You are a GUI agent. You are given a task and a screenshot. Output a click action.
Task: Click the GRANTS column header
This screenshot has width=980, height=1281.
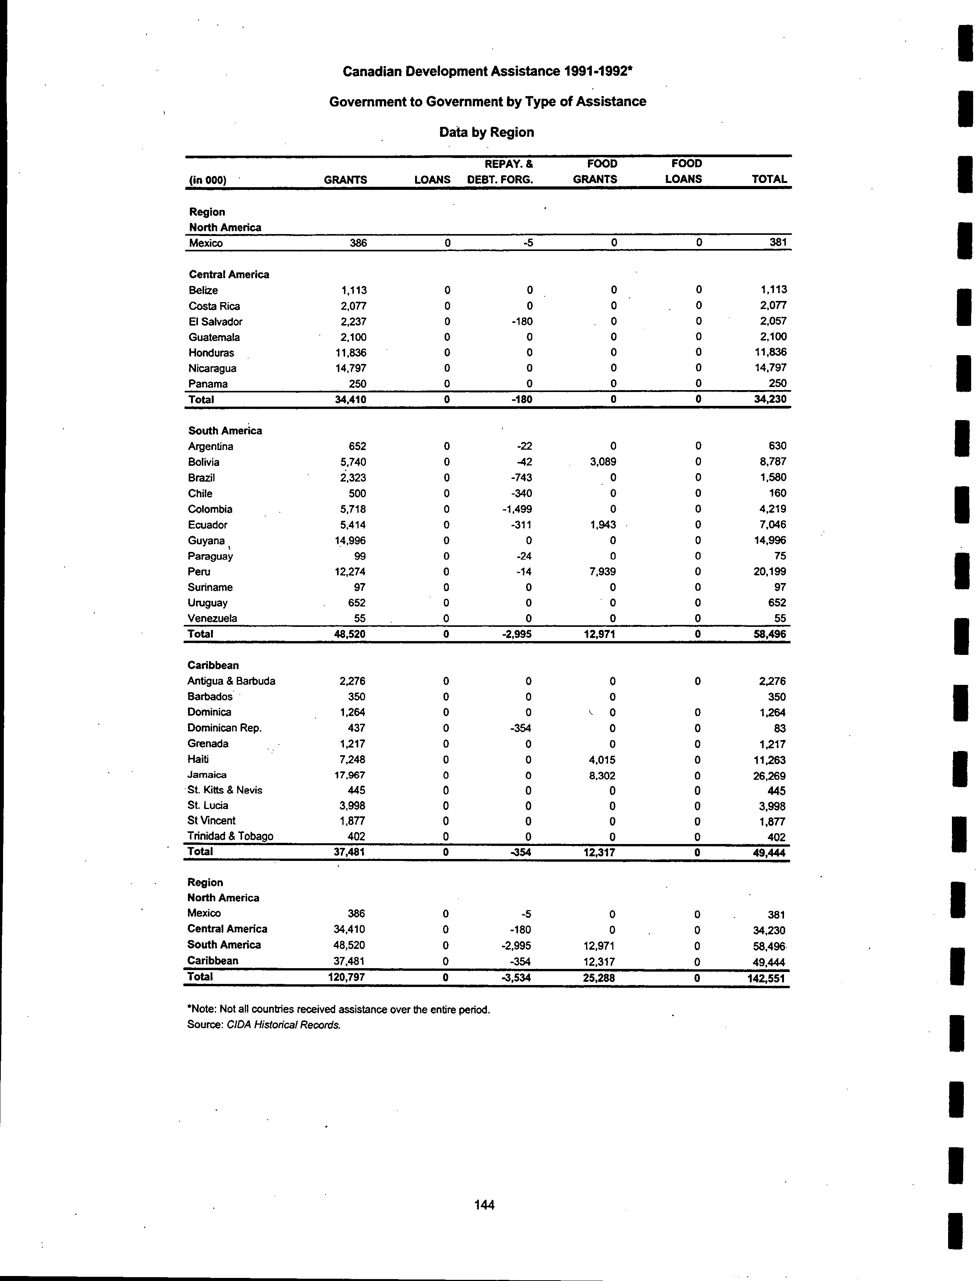click(x=345, y=179)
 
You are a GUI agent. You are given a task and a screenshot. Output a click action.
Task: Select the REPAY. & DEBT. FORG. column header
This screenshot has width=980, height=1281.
click(x=500, y=171)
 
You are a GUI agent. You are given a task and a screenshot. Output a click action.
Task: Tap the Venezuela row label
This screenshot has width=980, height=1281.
click(x=212, y=618)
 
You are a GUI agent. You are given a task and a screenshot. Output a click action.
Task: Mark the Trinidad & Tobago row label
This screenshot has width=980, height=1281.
click(x=231, y=836)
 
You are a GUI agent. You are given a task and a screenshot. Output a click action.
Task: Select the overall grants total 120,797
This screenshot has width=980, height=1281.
click(x=347, y=977)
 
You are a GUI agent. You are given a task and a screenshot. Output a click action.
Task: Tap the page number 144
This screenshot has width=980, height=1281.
click(x=484, y=1205)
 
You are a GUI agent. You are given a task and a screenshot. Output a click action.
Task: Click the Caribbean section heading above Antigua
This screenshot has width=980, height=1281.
click(x=214, y=665)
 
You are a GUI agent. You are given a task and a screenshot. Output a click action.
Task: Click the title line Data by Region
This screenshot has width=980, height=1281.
click(x=487, y=133)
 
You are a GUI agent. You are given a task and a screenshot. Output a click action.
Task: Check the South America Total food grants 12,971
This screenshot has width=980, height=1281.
click(x=599, y=634)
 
